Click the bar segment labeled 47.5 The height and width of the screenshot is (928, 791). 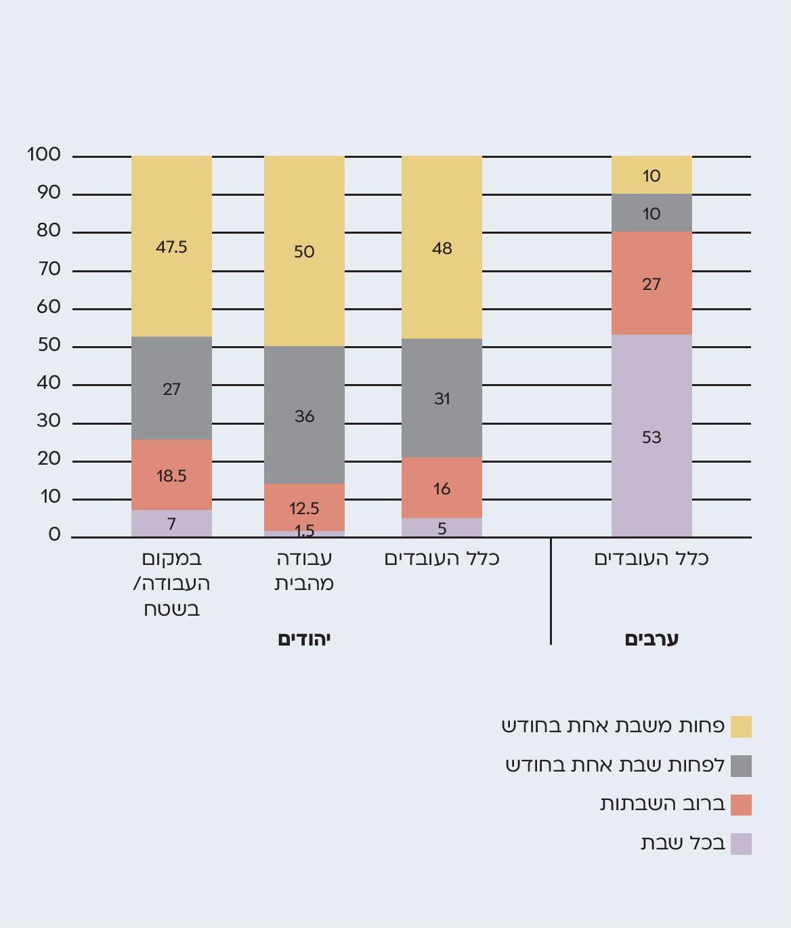[171, 247]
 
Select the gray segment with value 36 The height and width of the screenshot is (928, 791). [304, 415]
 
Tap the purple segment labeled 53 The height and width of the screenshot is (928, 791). [651, 436]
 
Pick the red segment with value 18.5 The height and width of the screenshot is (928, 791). [171, 475]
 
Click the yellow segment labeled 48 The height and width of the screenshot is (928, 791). [442, 248]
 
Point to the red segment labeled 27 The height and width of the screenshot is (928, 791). [651, 283]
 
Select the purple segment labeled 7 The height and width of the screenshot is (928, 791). [171, 524]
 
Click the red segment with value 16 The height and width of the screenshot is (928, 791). [442, 488]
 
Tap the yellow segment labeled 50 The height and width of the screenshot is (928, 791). [304, 251]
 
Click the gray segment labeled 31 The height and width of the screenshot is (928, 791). [442, 398]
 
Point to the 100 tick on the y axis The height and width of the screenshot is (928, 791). [44, 155]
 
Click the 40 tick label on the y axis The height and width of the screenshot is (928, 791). [48, 383]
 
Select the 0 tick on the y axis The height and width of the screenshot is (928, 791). [55, 535]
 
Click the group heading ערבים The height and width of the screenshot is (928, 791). [651, 639]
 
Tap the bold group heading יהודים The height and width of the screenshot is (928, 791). [304, 639]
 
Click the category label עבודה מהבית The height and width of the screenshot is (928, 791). [304, 570]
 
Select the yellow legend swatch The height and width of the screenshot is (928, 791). [741, 727]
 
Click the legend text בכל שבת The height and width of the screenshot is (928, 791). [683, 843]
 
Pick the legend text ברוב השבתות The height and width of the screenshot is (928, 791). [662, 804]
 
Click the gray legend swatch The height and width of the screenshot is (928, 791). [741, 766]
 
